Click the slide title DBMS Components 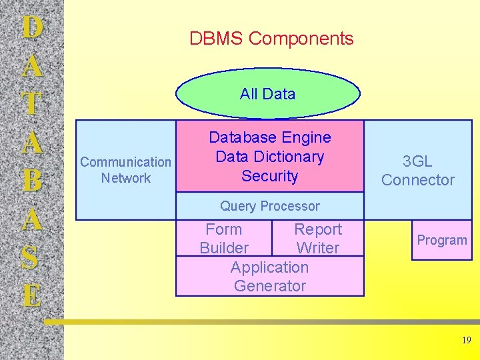coord(271,39)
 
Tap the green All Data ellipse coord(267,94)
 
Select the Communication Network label coord(125,170)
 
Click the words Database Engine coord(269,137)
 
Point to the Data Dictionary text coord(269,157)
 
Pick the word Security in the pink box coord(269,176)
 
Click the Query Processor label coord(269,206)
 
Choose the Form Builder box coord(224,238)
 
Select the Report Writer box coord(318,238)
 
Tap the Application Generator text coord(269,277)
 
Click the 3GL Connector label coord(418,171)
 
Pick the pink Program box coord(442,240)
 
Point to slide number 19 coord(466,341)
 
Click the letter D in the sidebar coord(31,28)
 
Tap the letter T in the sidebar coord(31,105)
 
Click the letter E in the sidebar coord(31,295)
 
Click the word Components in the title coord(301,39)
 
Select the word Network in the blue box coord(126,178)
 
